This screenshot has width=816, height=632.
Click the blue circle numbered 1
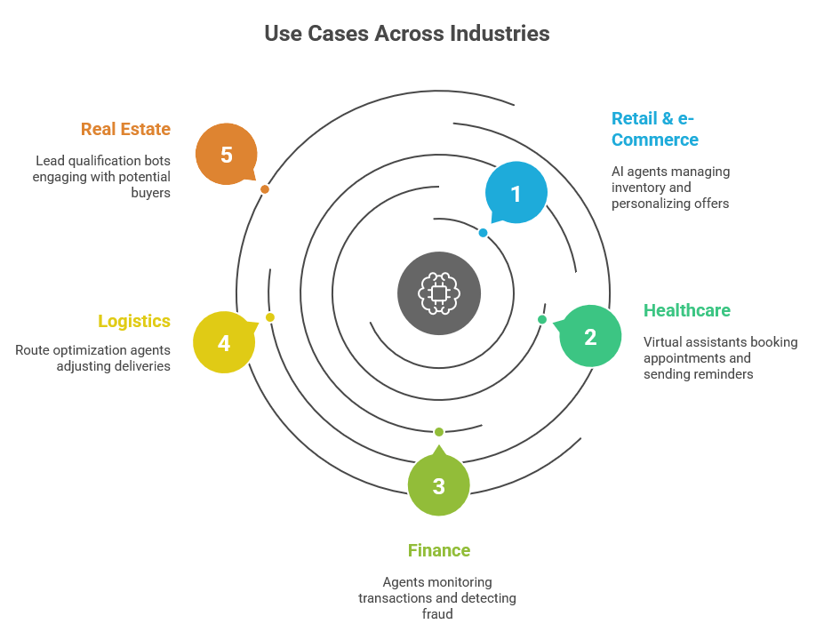[516, 193]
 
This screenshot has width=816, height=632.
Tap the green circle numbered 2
[590, 336]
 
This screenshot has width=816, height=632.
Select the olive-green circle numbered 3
[438, 485]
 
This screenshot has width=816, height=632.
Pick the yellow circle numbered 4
[224, 342]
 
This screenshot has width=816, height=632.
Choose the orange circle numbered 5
[227, 155]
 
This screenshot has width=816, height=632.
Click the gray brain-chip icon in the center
[438, 293]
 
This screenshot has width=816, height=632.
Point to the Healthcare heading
[686, 310]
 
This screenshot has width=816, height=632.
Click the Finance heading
[438, 550]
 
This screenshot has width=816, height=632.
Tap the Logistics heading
[134, 321]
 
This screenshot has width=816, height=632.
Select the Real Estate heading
[125, 129]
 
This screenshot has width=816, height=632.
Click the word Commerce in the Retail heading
[654, 140]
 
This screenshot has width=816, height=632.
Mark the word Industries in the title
[500, 34]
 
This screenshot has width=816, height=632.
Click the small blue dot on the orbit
[483, 233]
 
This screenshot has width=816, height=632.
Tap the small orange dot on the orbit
[265, 189]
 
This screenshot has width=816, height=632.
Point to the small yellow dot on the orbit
[270, 317]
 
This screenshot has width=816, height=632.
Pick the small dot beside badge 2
[542, 319]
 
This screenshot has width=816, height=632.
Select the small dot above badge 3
[438, 432]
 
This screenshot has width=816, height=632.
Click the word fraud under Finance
[437, 614]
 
